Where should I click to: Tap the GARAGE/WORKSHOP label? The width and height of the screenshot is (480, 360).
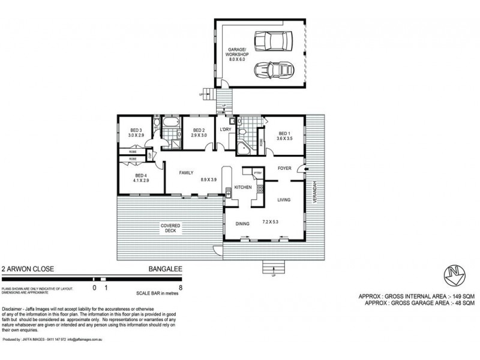coord(238,55)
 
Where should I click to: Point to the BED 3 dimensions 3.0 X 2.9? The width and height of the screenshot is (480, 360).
coord(135,136)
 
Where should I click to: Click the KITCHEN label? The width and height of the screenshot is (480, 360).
coord(242,188)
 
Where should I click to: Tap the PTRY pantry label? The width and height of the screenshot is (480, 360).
coord(258,173)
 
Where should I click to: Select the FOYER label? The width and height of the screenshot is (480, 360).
coord(284,169)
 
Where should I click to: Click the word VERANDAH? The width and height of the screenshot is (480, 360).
coord(313,194)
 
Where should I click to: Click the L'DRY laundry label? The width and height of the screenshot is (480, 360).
coord(226,130)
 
